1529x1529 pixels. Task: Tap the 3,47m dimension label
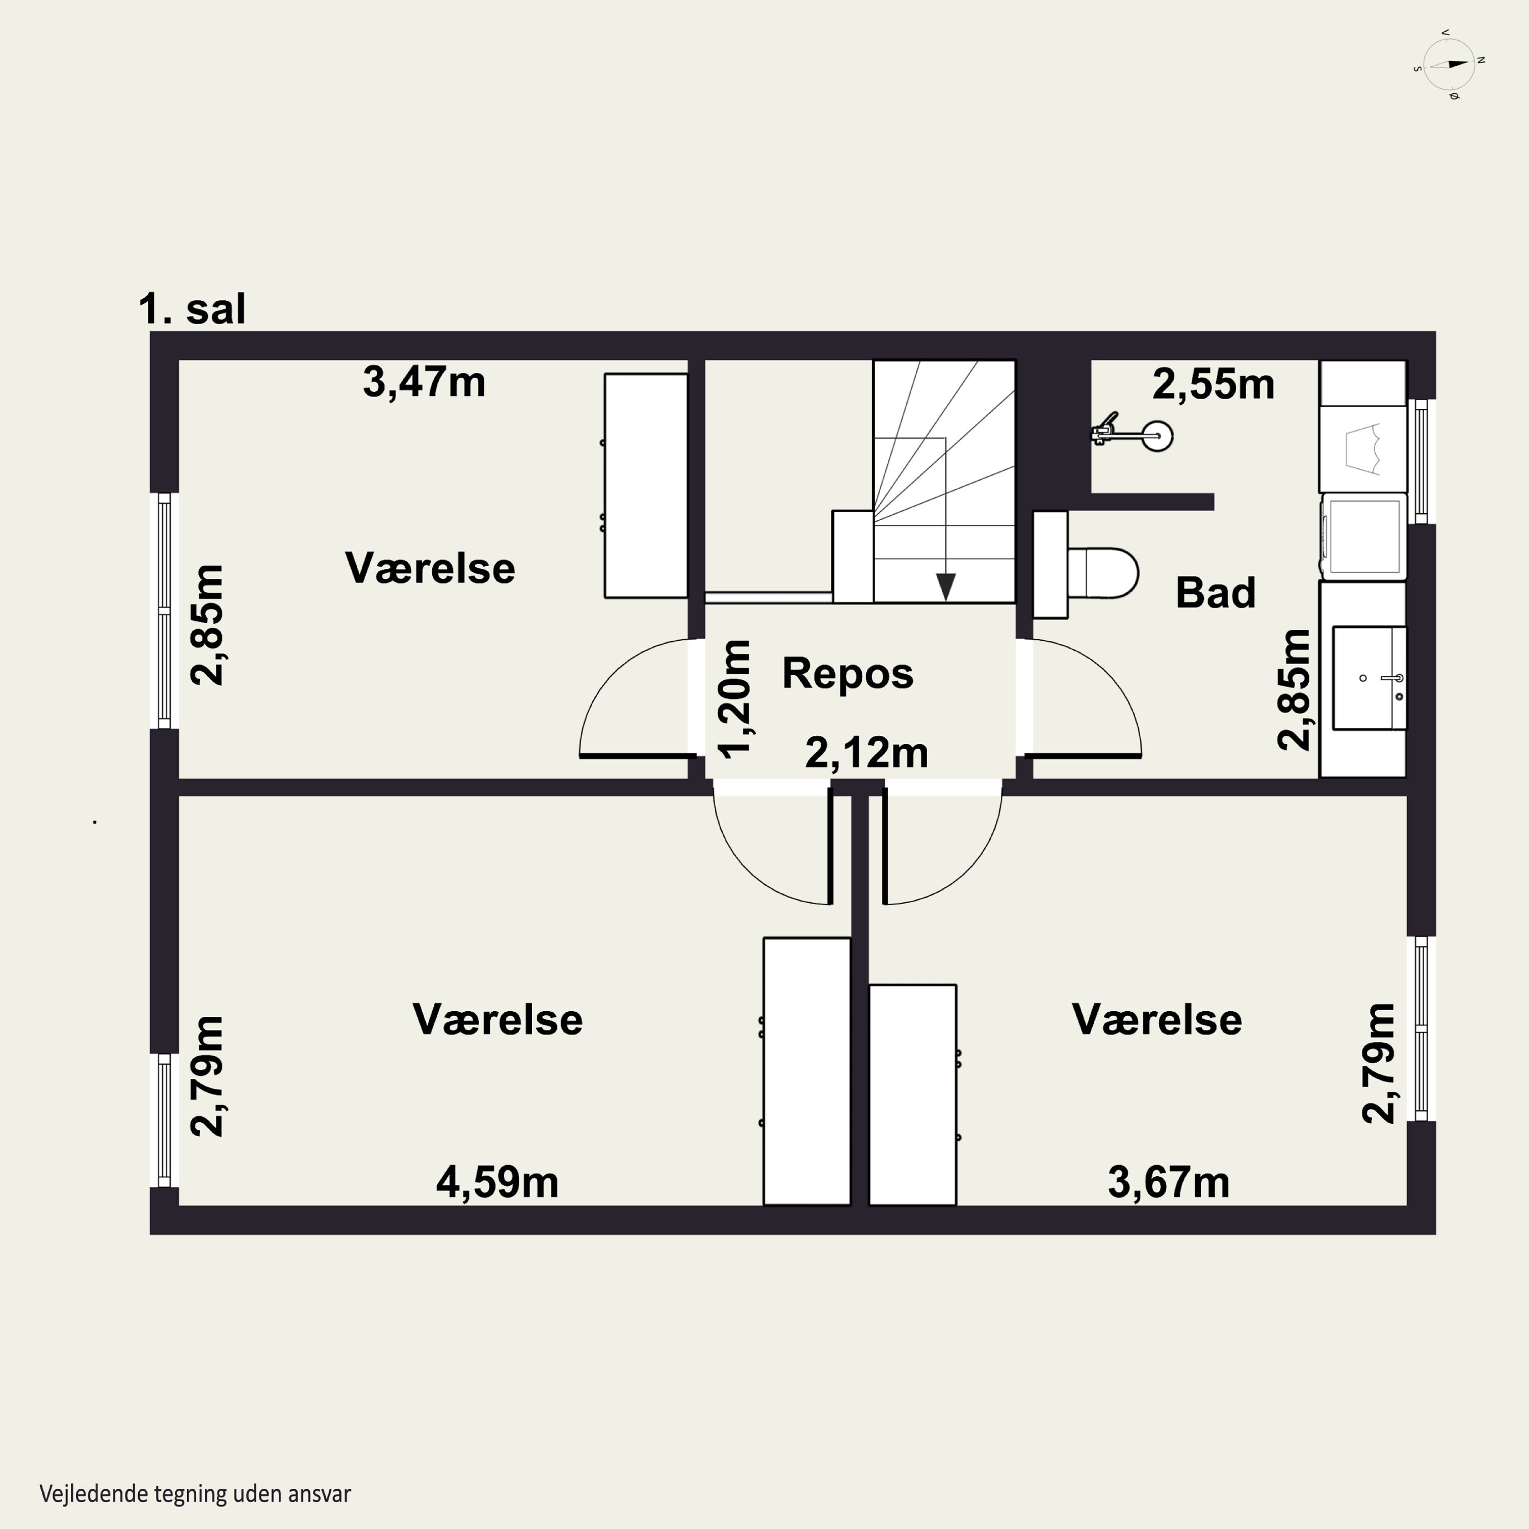424,382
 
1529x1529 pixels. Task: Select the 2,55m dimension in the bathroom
1213,385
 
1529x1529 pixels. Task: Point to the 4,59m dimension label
497,1182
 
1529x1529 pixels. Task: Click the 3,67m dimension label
1168,1182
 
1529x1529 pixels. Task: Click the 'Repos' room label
848,673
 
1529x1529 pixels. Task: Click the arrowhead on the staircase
946,587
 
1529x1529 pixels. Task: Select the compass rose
1449,64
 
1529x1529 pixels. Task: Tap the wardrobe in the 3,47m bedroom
646,485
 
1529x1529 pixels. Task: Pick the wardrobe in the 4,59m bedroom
806,1071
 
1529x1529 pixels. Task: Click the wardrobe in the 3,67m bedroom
912,1095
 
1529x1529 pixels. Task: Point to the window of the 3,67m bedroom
1421,1029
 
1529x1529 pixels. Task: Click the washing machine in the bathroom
1363,536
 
